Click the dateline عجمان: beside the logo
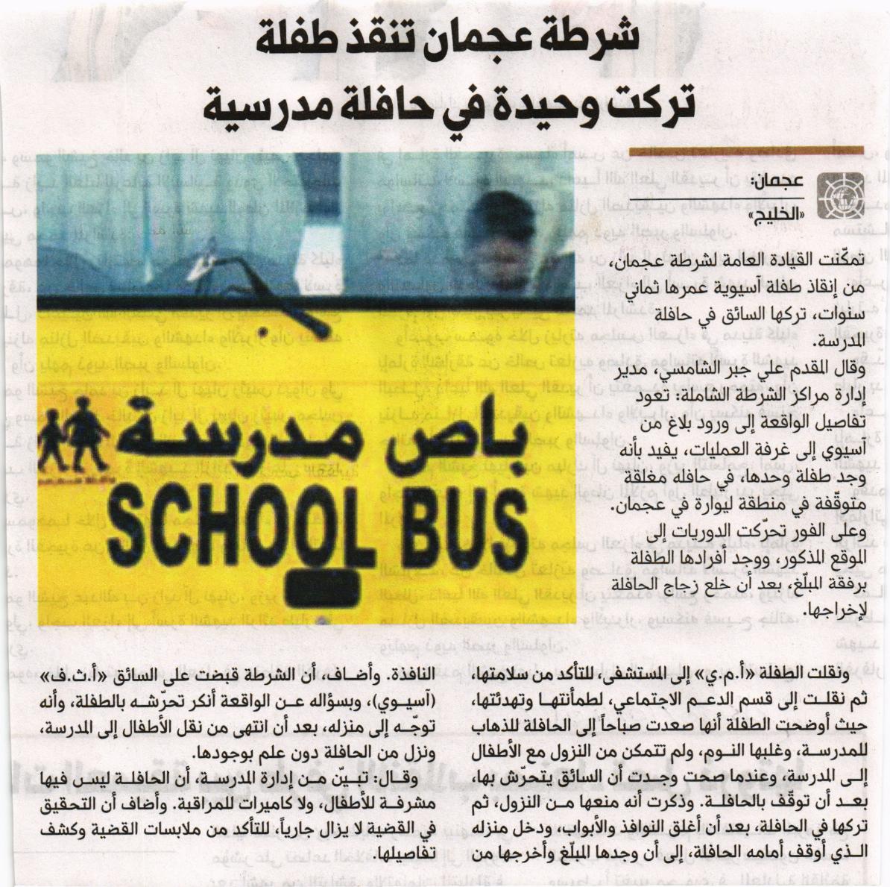777,181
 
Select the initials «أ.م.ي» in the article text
713,676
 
